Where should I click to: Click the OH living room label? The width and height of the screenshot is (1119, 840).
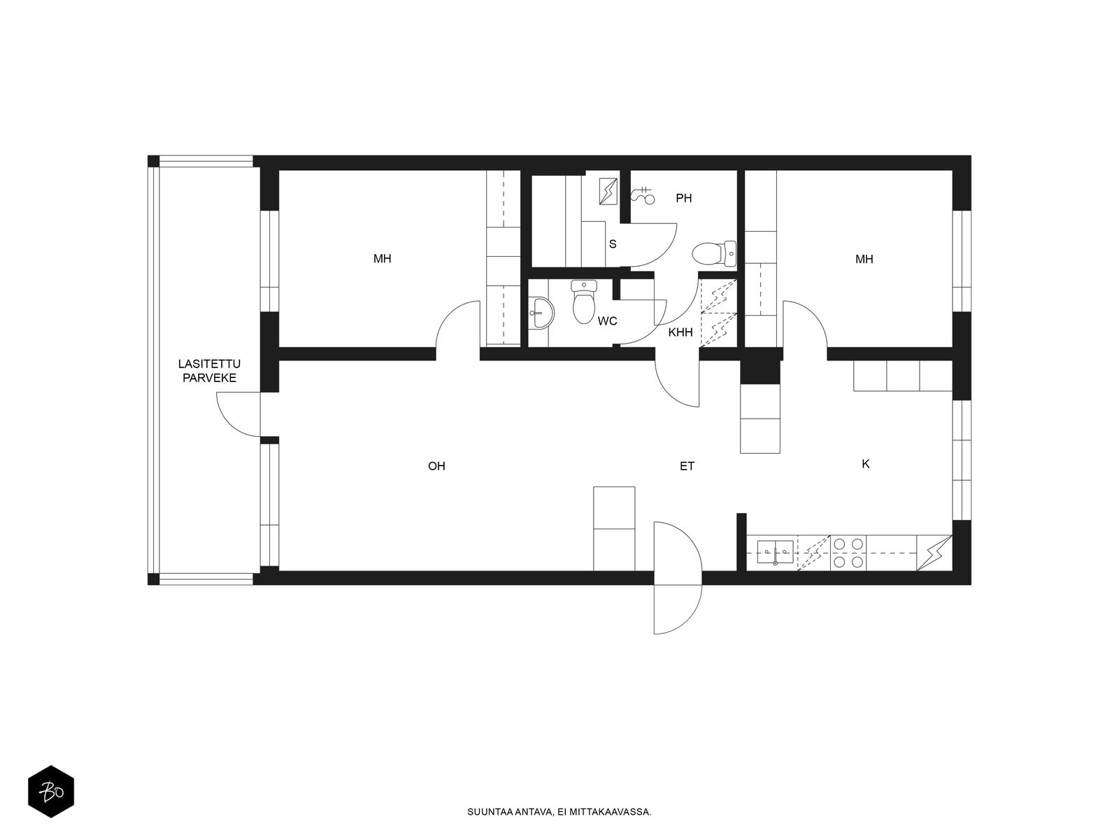436,465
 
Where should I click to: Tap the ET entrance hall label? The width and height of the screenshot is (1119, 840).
687,465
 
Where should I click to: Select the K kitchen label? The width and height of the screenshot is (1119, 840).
865,463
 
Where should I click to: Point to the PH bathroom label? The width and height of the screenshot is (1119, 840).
683,198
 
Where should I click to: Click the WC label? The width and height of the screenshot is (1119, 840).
607,321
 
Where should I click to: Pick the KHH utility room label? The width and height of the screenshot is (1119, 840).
680,332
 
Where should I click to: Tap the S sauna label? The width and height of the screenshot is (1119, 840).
613,244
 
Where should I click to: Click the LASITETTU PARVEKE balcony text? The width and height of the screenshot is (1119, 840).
209,371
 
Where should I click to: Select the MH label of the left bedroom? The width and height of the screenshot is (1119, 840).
383,258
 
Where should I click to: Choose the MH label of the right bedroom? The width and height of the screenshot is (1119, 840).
864,259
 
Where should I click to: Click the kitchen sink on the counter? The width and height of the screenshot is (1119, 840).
775,552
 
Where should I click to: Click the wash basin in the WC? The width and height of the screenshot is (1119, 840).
541,313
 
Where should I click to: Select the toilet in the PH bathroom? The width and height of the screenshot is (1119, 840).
714,254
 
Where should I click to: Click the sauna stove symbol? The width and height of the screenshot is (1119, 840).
608,191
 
